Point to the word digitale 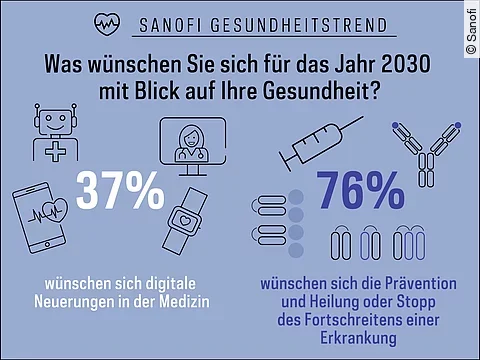click(181, 283)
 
